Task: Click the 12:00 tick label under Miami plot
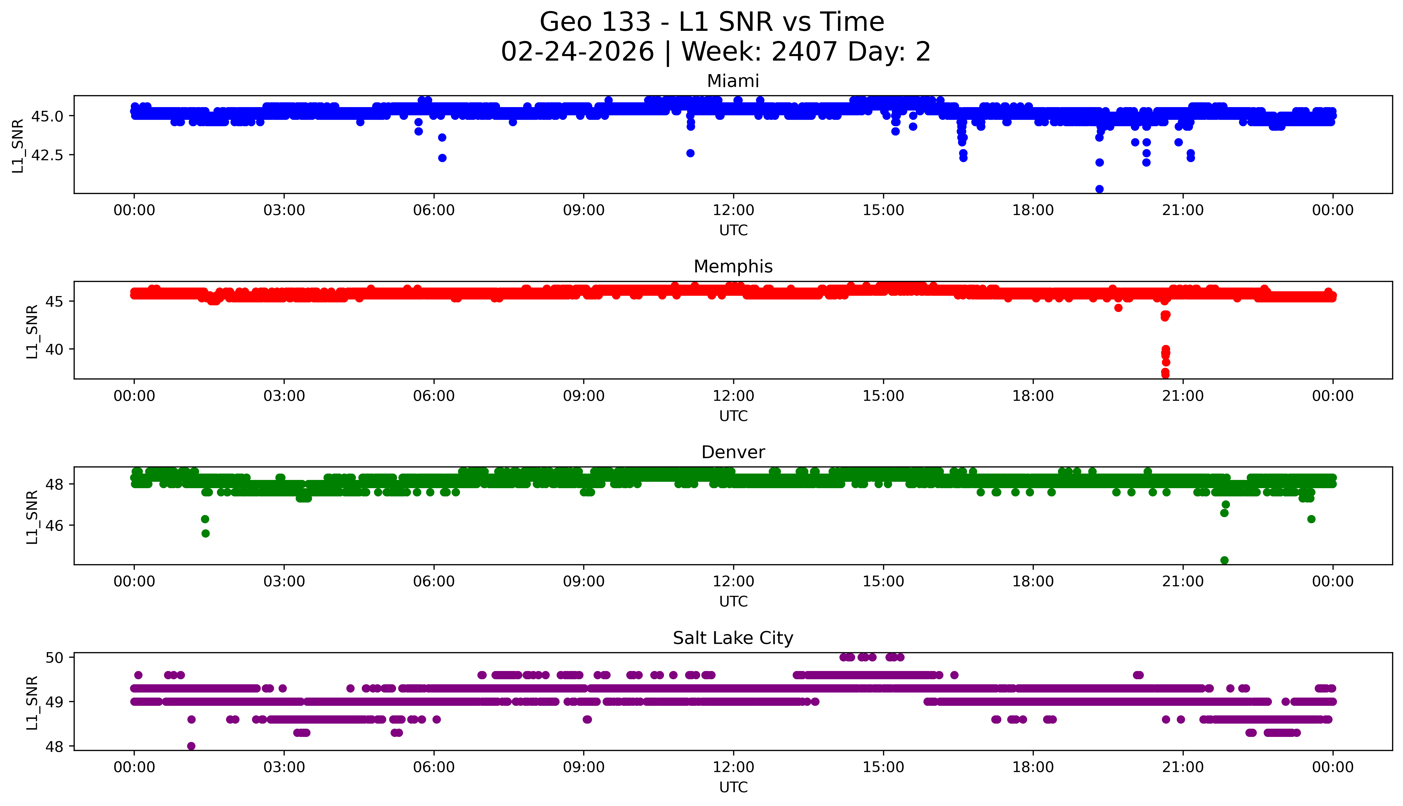tap(733, 210)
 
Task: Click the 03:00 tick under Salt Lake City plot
tap(284, 767)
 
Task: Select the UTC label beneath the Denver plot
tap(733, 601)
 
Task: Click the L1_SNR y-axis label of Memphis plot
tap(32, 331)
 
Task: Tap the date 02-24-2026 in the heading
tap(577, 52)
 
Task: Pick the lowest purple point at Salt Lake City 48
tap(191, 746)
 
